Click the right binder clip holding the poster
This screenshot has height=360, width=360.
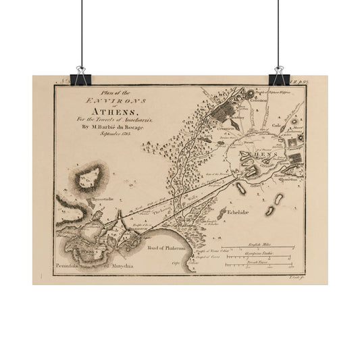278,77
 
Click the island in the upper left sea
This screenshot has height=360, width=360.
90,177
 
